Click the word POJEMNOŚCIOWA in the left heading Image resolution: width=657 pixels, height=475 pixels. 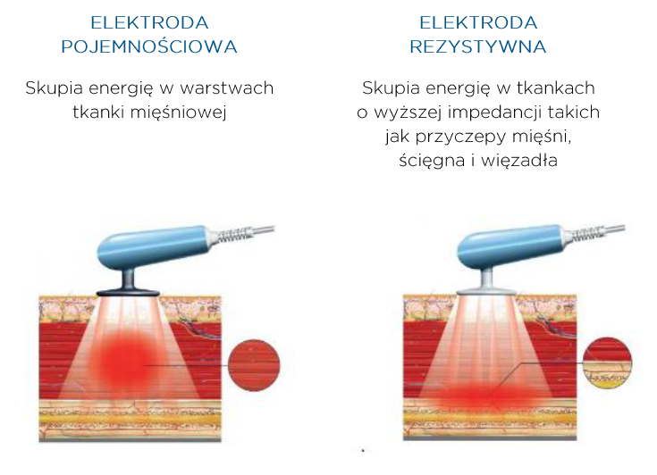[x=149, y=46]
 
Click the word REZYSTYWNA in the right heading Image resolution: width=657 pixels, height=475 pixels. [x=478, y=46]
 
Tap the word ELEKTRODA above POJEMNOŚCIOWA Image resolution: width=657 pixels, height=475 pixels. [x=149, y=22]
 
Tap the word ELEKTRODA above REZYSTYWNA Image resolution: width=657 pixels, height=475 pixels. [x=478, y=22]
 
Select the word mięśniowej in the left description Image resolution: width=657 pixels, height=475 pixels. [x=179, y=112]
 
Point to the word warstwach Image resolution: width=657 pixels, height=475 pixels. [x=227, y=88]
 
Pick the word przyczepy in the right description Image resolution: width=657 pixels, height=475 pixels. [x=460, y=137]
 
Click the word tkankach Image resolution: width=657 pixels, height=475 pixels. [x=556, y=88]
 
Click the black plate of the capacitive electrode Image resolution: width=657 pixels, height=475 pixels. [x=128, y=293]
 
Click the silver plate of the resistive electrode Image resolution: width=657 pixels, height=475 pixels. [x=486, y=291]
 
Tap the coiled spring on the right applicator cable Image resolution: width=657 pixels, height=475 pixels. [x=585, y=234]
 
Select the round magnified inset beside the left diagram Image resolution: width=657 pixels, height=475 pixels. [x=254, y=365]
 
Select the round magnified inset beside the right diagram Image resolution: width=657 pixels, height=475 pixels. [x=607, y=363]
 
